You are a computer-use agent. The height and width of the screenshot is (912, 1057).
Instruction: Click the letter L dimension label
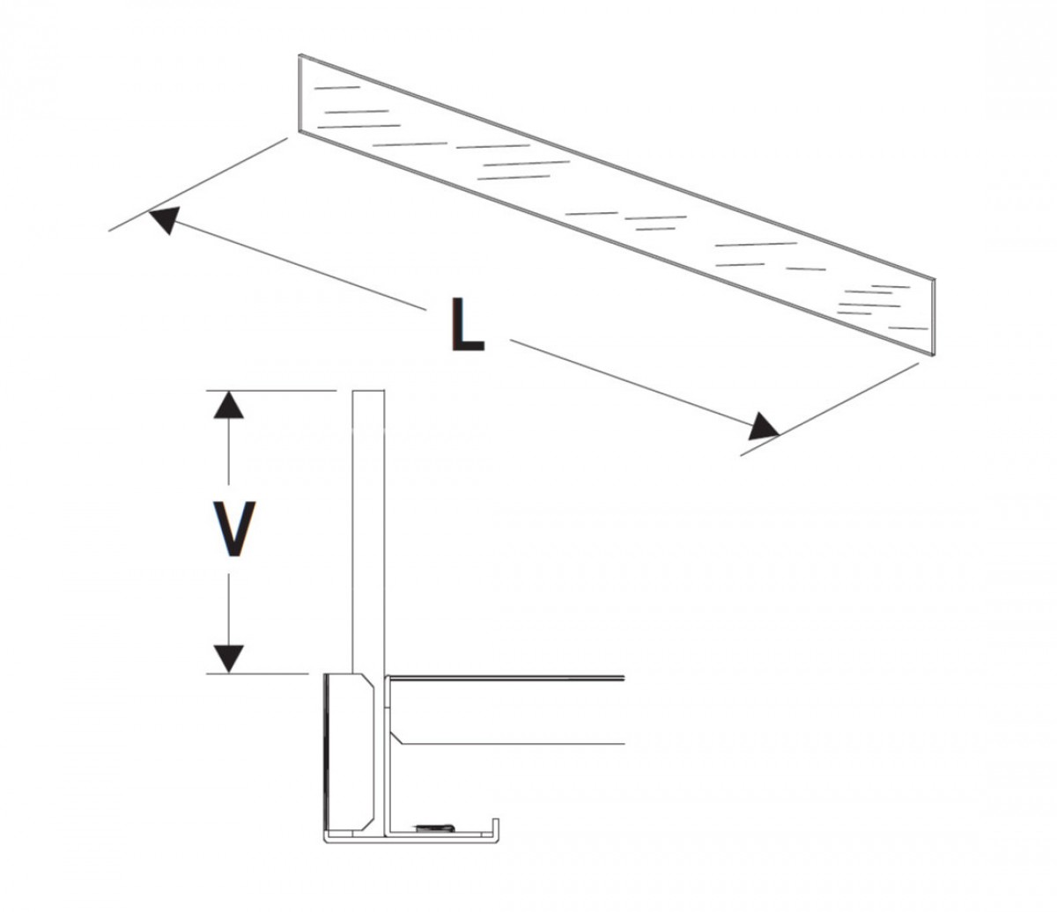point(468,324)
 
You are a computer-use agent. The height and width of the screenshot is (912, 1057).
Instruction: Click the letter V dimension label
point(233,528)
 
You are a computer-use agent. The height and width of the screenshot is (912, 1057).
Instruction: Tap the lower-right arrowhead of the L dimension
point(764,427)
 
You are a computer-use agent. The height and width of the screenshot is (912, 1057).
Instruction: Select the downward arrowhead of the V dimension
point(228,659)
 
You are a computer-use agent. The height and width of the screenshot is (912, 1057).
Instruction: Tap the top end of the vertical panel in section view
point(368,391)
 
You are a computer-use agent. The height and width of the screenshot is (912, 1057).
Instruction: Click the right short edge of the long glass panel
point(934,317)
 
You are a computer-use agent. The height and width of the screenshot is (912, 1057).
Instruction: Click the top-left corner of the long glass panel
point(299,55)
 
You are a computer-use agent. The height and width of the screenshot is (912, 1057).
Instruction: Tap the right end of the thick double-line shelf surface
point(625,679)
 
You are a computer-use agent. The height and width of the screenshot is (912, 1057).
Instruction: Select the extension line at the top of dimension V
point(271,391)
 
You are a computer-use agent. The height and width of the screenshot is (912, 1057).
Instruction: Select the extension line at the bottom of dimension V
point(257,673)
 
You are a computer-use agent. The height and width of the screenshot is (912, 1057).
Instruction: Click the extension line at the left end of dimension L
point(198,185)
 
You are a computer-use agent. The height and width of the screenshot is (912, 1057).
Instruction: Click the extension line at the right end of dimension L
point(830,409)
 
